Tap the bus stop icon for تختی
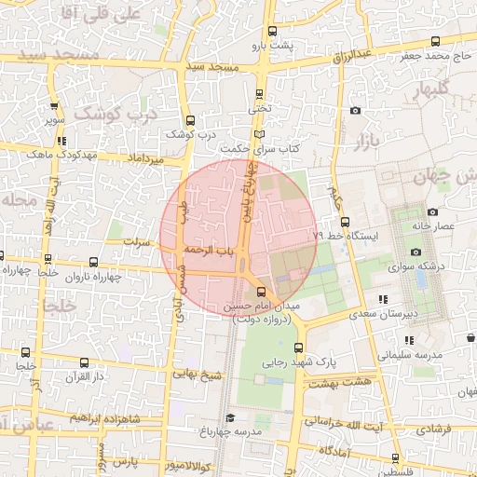[260, 92]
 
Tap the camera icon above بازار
[355, 111]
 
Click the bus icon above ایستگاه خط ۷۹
[346, 222]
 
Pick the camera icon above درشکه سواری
[416, 252]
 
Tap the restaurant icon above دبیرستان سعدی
[382, 299]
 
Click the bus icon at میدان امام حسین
[260, 292]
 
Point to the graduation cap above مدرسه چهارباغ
[230, 417]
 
